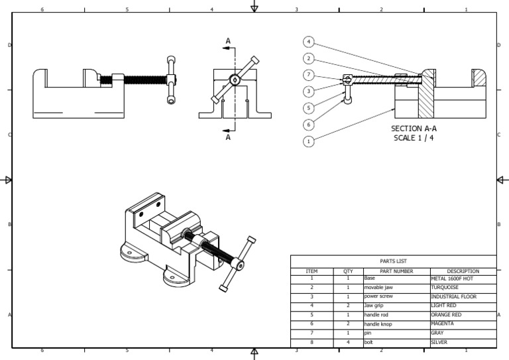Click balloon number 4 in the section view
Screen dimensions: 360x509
[309, 41]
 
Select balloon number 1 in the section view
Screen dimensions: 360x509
[309, 141]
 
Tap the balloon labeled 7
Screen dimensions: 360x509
[309, 75]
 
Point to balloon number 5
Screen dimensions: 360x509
[309, 107]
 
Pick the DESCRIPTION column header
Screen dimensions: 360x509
[463, 270]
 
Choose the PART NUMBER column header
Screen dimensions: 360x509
[396, 270]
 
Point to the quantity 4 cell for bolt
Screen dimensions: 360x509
[348, 341]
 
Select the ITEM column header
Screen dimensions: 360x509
[311, 270]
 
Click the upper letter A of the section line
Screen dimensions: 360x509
[228, 41]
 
